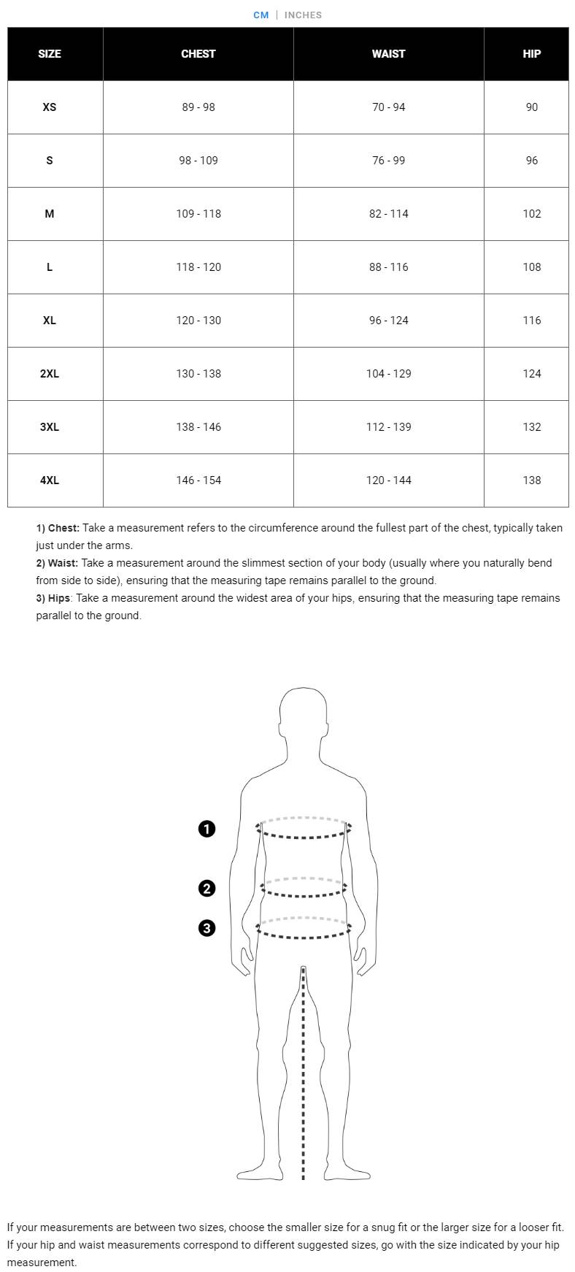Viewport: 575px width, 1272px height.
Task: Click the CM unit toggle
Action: coord(261,15)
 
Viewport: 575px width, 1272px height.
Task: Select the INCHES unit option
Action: coord(303,15)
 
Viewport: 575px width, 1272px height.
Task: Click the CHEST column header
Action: coord(198,53)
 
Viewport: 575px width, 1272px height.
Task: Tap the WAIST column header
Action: coord(388,53)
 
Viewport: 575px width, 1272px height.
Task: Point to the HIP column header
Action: coord(531,53)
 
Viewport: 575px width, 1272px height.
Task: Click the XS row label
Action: coord(49,107)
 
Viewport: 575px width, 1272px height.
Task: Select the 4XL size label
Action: coord(50,480)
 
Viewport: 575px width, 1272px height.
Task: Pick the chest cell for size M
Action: coord(198,213)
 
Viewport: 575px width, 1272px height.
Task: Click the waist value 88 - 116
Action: coord(388,267)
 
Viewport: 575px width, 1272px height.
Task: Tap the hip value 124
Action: coord(531,373)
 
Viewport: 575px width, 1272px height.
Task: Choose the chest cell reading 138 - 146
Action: coord(198,426)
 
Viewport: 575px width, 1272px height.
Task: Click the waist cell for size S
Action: coord(388,160)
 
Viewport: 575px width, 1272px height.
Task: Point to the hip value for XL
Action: coord(531,320)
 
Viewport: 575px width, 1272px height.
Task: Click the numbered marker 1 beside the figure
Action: coord(207,829)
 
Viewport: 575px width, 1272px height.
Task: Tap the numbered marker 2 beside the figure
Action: coord(207,888)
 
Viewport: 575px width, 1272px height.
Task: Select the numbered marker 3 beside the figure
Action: coord(207,928)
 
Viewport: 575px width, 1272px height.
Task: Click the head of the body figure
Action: coord(302,716)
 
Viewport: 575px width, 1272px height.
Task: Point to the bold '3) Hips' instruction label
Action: coord(53,598)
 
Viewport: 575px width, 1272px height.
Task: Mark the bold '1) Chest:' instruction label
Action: coord(58,528)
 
